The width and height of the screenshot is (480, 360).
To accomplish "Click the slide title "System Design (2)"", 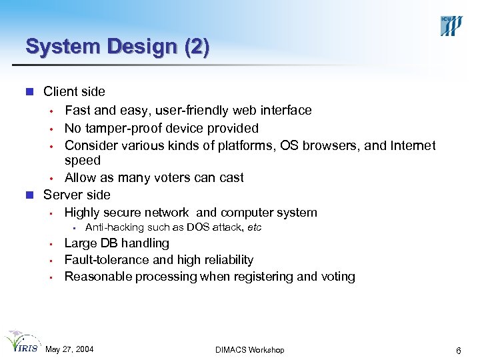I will [x=117, y=46].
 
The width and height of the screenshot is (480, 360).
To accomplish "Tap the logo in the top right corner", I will [x=451, y=25].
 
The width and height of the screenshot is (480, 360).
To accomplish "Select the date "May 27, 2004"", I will [x=69, y=350].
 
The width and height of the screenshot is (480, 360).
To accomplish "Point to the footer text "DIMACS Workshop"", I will [x=250, y=350].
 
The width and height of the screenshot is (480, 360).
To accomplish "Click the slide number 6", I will [x=458, y=350].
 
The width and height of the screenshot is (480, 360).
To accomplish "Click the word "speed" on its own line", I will [x=83, y=161].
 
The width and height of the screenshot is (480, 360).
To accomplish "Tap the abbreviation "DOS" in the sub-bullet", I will [x=199, y=227].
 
